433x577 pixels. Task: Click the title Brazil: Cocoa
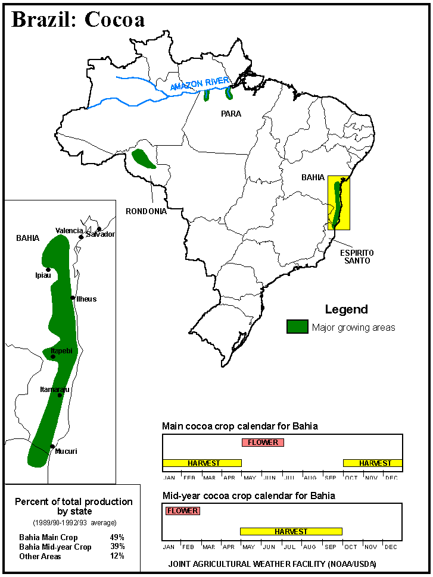pyautogui.click(x=78, y=20)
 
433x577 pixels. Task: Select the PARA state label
pyautogui.click(x=230, y=114)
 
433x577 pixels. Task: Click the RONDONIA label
pyautogui.click(x=146, y=211)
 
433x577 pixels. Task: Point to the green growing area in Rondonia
pyautogui.click(x=143, y=159)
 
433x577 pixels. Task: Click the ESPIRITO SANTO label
pyautogui.click(x=357, y=256)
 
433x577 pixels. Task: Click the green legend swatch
pyautogui.click(x=297, y=327)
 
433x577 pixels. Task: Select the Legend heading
pyautogui.click(x=346, y=309)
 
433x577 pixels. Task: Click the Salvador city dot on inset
pyautogui.click(x=98, y=229)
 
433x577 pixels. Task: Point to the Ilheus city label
pyautogui.click(x=86, y=299)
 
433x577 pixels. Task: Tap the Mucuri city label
pyautogui.click(x=66, y=451)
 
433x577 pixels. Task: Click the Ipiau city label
pyautogui.click(x=43, y=275)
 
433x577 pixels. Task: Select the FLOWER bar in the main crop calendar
pyautogui.click(x=263, y=443)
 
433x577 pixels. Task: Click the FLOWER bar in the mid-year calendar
pyautogui.click(x=182, y=511)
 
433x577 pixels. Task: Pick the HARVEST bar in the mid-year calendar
pyautogui.click(x=291, y=531)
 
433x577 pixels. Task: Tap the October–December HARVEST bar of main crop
pyautogui.click(x=373, y=463)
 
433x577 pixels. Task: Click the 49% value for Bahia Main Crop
pyautogui.click(x=117, y=537)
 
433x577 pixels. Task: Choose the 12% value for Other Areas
pyautogui.click(x=117, y=556)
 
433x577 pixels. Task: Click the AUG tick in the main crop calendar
pyautogui.click(x=310, y=478)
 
